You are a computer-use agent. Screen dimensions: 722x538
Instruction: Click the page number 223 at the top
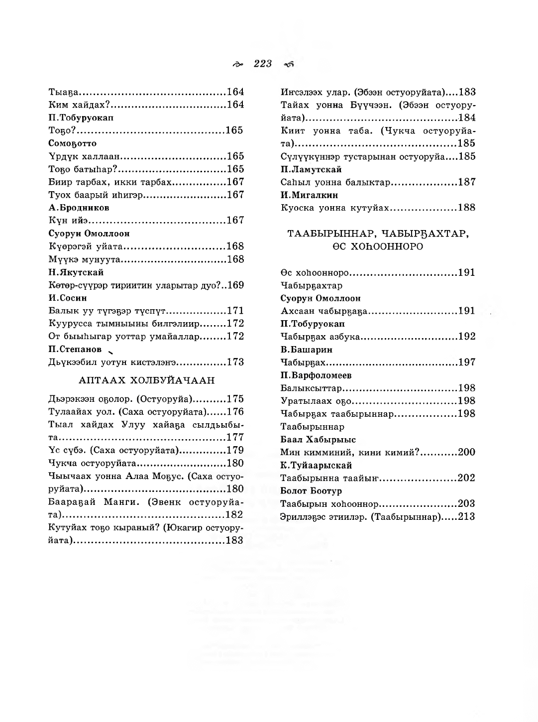click(263, 64)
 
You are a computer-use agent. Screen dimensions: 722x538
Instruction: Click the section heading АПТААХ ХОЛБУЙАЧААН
click(147, 380)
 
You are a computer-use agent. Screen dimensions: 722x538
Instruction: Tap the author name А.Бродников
click(79, 208)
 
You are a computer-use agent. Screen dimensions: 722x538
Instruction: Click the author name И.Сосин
click(68, 298)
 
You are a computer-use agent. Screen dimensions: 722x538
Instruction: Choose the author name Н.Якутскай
click(76, 272)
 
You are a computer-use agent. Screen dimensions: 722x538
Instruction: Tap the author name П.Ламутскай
click(311, 169)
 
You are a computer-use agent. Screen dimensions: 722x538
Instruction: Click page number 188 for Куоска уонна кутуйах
click(467, 208)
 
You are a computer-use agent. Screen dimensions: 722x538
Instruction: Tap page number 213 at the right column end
click(467, 517)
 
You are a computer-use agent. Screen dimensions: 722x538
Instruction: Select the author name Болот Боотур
click(311, 491)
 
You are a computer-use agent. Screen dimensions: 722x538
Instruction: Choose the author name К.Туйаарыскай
click(316, 465)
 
